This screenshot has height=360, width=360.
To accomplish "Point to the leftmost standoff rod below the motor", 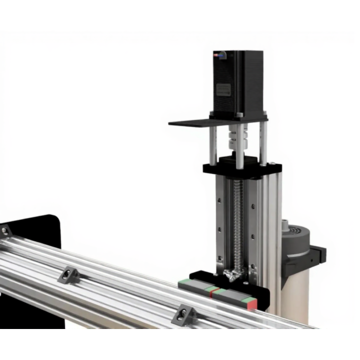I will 212,142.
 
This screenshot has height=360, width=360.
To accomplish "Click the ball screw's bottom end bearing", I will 232,273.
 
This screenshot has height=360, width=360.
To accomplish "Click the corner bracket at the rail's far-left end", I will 4,230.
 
